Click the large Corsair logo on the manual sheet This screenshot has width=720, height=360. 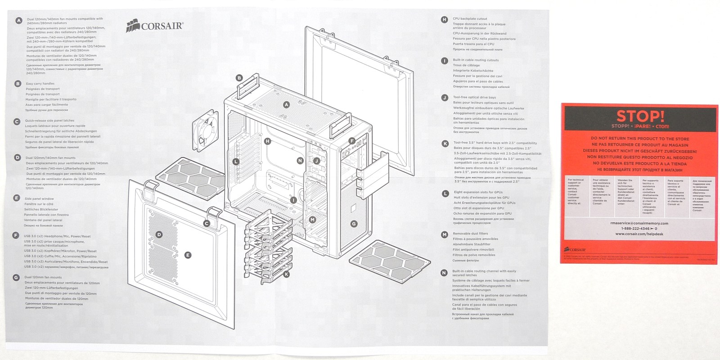pyautogui.click(x=155, y=26)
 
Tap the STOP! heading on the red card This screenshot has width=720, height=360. pyautogui.click(x=640, y=116)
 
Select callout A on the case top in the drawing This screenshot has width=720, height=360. pyautogui.click(x=286, y=105)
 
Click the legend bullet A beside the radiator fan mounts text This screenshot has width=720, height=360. pyautogui.click(x=18, y=21)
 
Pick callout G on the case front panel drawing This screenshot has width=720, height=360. pyautogui.click(x=354, y=224)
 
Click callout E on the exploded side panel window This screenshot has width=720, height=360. pyautogui.click(x=188, y=255)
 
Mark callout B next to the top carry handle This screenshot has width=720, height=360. pyautogui.click(x=239, y=78)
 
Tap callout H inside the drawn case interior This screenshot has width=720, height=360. pyautogui.click(x=267, y=141)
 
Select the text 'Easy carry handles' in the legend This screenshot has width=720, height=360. pyautogui.click(x=40, y=84)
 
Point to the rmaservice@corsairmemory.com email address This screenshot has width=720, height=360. pyautogui.click(x=641, y=223)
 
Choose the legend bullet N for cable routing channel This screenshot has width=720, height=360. pyautogui.click(x=444, y=273)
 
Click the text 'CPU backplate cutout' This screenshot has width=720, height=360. pyautogui.click(x=470, y=19)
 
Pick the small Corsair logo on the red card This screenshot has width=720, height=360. pyautogui.click(x=575, y=249)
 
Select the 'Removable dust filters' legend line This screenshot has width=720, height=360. pyautogui.click(x=471, y=234)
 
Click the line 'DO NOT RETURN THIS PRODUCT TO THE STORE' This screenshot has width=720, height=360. pyautogui.click(x=640, y=139)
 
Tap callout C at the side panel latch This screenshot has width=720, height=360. pyautogui.click(x=207, y=224)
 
